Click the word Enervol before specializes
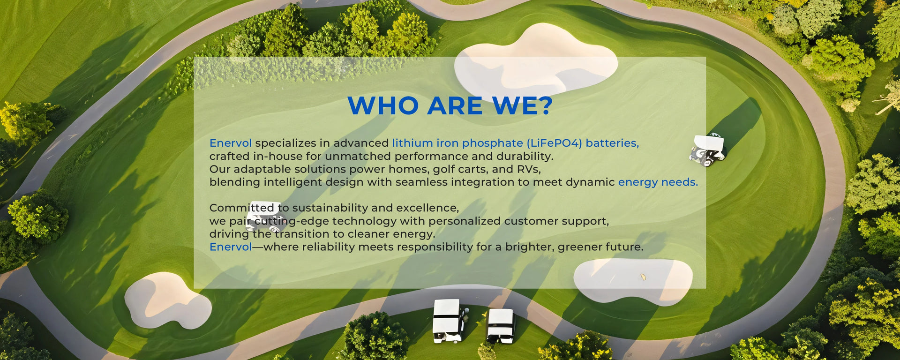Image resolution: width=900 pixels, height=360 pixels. point(231,143)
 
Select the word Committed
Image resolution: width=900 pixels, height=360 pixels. point(242,208)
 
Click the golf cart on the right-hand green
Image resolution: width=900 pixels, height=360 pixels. point(708,150)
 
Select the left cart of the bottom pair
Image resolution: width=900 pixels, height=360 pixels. point(449,321)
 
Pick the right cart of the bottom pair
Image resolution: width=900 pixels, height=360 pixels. point(501,326)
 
